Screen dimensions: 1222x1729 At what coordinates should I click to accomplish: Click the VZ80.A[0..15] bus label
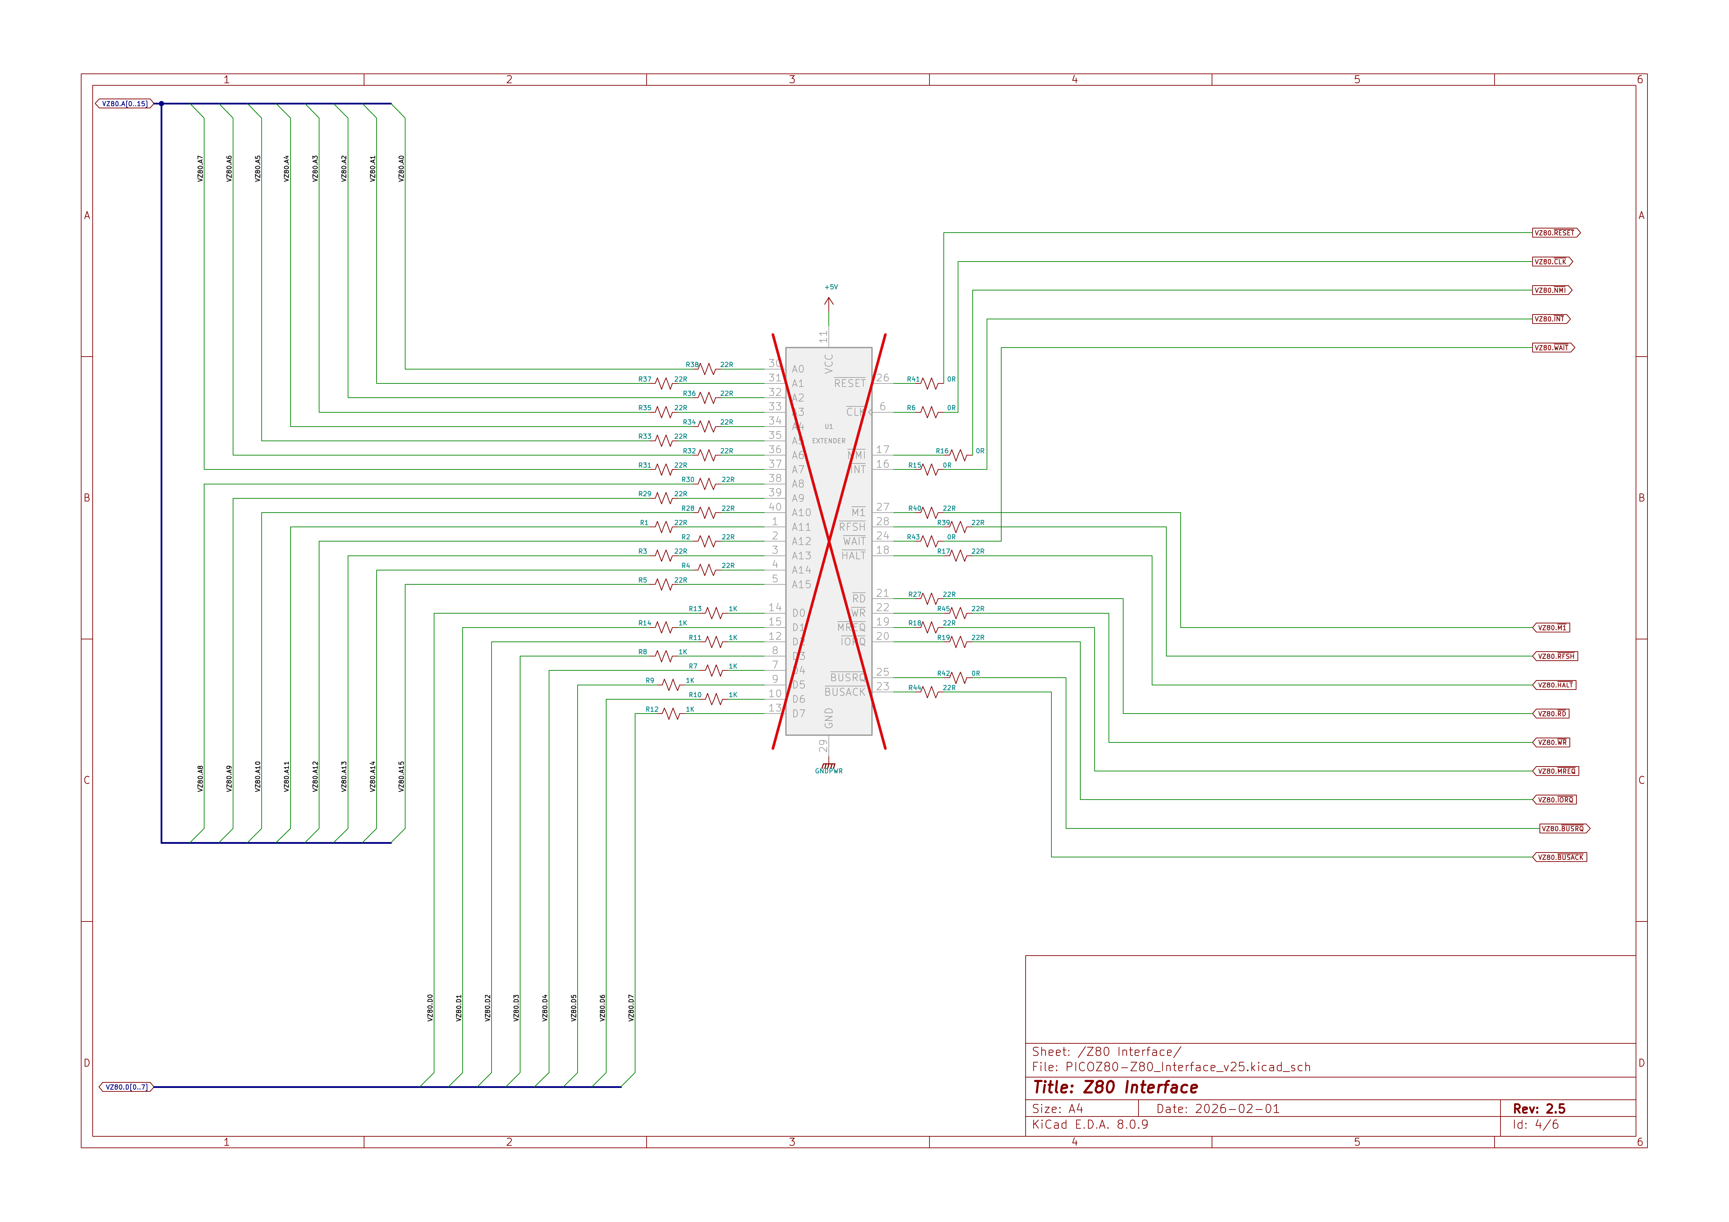pos(124,104)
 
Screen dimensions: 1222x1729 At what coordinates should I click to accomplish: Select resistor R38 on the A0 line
pos(708,369)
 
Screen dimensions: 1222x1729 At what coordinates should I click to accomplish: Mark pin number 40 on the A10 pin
pos(775,507)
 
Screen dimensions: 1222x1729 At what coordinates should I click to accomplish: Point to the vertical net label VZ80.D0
pos(430,1007)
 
